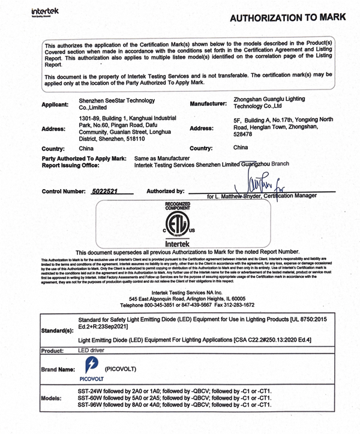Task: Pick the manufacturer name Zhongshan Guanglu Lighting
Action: coord(269,99)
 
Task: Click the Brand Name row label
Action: coord(58,369)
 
